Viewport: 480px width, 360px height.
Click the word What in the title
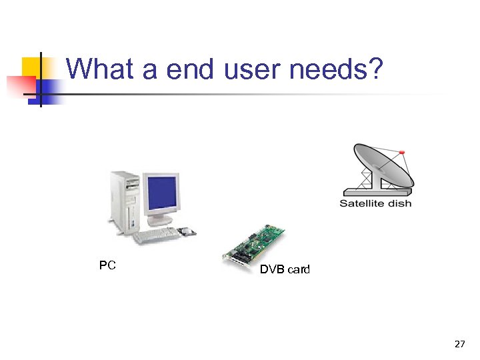tap(99, 69)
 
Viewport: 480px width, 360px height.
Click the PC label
tap(107, 265)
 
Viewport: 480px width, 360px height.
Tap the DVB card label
tap(285, 270)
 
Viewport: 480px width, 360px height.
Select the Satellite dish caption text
tap(375, 203)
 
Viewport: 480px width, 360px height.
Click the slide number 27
tap(459, 344)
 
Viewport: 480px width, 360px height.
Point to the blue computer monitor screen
tap(162, 192)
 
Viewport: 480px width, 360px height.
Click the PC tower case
tap(125, 202)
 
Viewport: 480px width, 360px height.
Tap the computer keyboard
tap(156, 236)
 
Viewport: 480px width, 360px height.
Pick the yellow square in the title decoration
tap(31, 67)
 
